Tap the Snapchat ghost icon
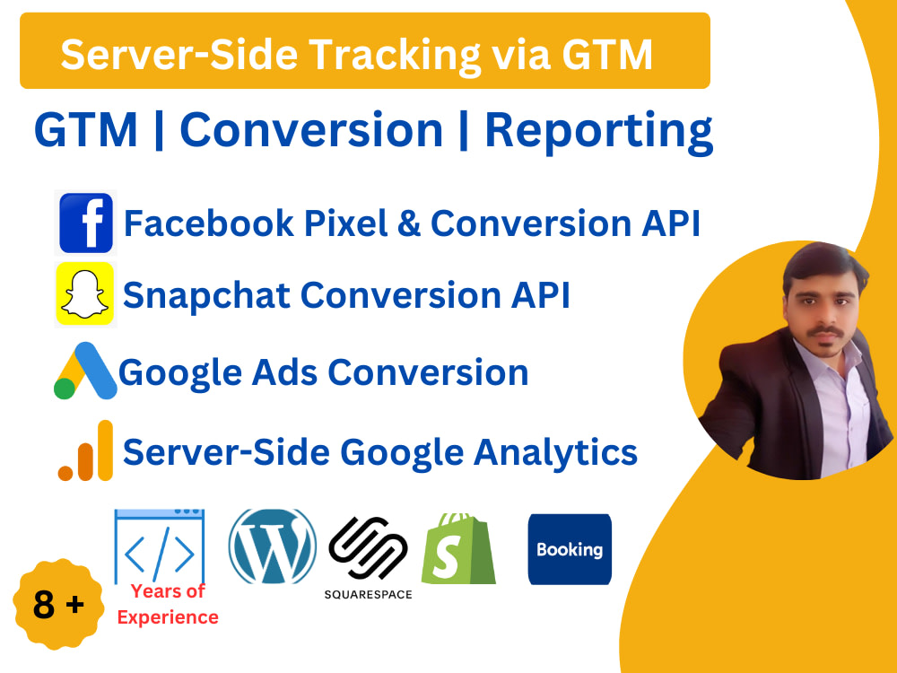click(x=85, y=293)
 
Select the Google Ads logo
click(x=85, y=371)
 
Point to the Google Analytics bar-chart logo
click(x=87, y=451)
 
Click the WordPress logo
click(x=273, y=546)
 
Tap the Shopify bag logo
click(x=458, y=549)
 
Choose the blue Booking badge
click(x=570, y=549)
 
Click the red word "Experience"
click(x=168, y=617)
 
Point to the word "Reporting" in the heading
click(x=598, y=131)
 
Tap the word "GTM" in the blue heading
click(x=86, y=131)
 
